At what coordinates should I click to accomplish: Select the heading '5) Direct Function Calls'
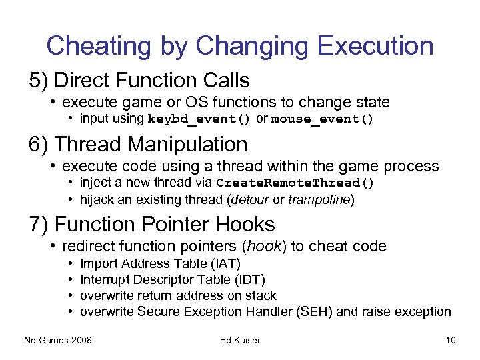[139, 81]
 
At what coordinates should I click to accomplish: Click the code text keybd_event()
[199, 120]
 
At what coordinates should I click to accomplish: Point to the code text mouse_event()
[323, 120]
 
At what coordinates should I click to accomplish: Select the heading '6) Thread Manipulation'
[138, 144]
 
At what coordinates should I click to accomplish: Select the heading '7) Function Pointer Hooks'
[151, 224]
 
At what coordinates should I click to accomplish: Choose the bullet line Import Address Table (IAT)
[160, 264]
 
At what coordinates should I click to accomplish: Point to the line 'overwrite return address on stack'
[178, 295]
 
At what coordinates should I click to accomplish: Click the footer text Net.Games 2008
[58, 341]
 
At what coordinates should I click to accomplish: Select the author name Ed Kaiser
[240, 341]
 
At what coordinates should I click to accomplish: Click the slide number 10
[450, 341]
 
